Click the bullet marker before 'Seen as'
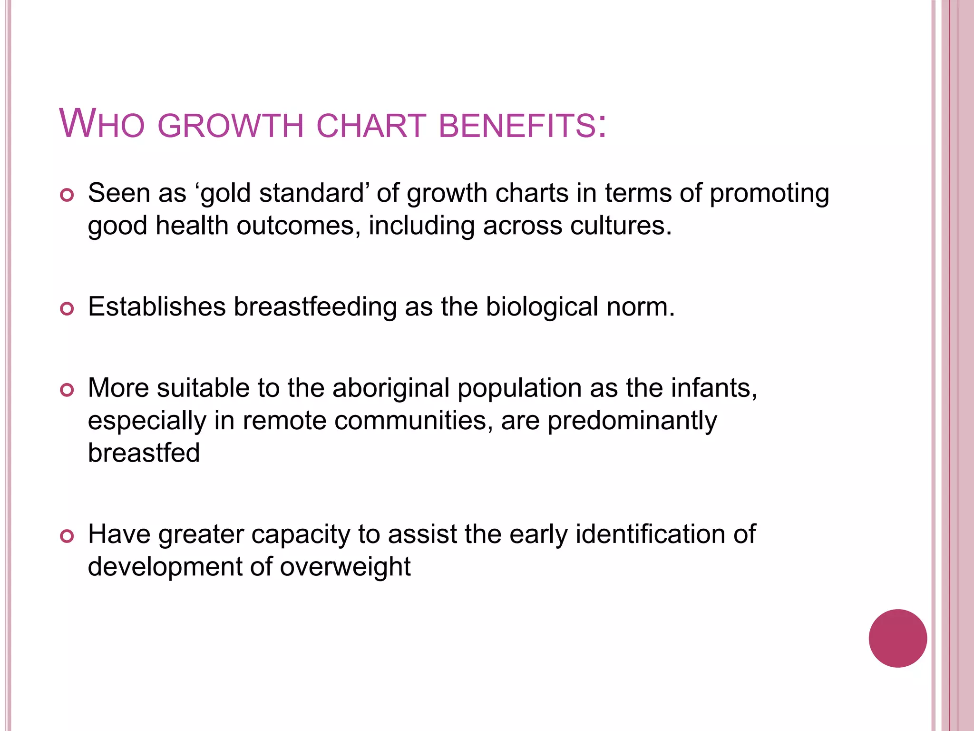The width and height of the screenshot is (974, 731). pos(67,195)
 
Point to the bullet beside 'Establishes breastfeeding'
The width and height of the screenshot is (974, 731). pos(67,309)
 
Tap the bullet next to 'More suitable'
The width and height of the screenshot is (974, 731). pos(67,390)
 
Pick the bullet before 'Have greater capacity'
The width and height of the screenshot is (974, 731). pos(67,536)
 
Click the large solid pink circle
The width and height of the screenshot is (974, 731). pos(897,638)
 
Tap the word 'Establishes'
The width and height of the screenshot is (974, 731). pos(157,306)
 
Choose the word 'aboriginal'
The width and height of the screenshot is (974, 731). pos(391,388)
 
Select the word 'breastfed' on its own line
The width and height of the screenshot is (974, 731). pos(144,453)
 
